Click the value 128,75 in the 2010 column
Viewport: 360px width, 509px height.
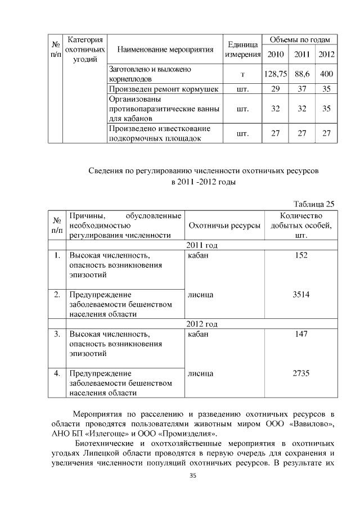[276, 74]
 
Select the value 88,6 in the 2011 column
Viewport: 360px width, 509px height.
[302, 74]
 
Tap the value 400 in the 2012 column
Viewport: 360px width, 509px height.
[326, 74]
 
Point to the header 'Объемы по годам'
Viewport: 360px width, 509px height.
[300, 39]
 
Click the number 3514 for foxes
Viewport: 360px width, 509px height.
[301, 294]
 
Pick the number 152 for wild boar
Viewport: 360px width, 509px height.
[301, 255]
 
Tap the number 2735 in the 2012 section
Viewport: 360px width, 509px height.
[301, 373]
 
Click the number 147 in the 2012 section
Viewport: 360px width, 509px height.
[301, 334]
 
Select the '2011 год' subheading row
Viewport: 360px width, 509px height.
[202, 245]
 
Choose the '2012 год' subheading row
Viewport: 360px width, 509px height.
[202, 324]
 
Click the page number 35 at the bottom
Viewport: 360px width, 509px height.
[192, 476]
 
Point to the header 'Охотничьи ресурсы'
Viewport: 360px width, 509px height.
[225, 226]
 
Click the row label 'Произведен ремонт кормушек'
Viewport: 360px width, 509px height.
[163, 89]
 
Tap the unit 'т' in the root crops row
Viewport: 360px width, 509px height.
[242, 74]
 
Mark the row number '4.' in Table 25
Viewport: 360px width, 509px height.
[57, 373]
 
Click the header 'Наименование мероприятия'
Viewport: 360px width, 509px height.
[165, 49]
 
